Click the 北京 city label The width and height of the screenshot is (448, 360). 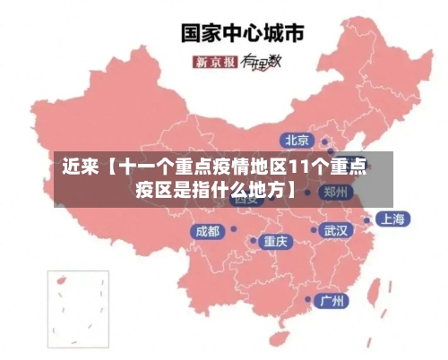pyautogui.click(x=297, y=140)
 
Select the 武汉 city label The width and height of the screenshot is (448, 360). pyautogui.click(x=336, y=230)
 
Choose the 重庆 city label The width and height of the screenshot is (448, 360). pyautogui.click(x=274, y=241)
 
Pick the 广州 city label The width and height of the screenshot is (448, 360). pyautogui.click(x=332, y=300)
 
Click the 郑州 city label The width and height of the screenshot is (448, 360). pyautogui.click(x=337, y=192)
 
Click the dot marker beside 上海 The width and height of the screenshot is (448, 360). pyautogui.click(x=366, y=219)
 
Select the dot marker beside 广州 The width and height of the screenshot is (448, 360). pyautogui.click(x=309, y=300)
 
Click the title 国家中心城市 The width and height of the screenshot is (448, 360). pyautogui.click(x=243, y=33)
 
